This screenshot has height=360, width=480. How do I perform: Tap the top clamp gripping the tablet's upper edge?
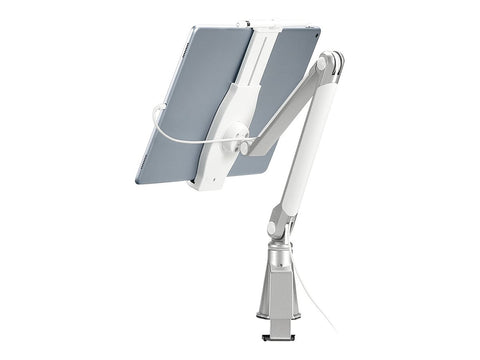[x=258, y=25]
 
